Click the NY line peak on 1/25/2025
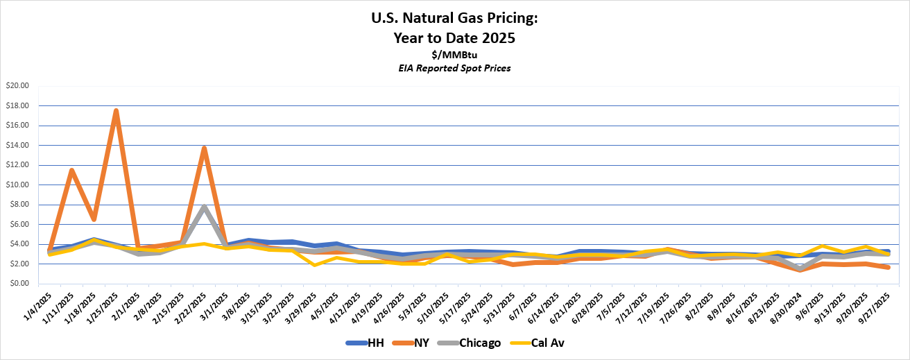(x=116, y=111)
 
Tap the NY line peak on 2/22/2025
(x=204, y=148)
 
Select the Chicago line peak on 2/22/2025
(x=204, y=207)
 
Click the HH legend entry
(x=365, y=343)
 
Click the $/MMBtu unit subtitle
(x=454, y=54)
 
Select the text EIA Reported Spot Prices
(x=454, y=67)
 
